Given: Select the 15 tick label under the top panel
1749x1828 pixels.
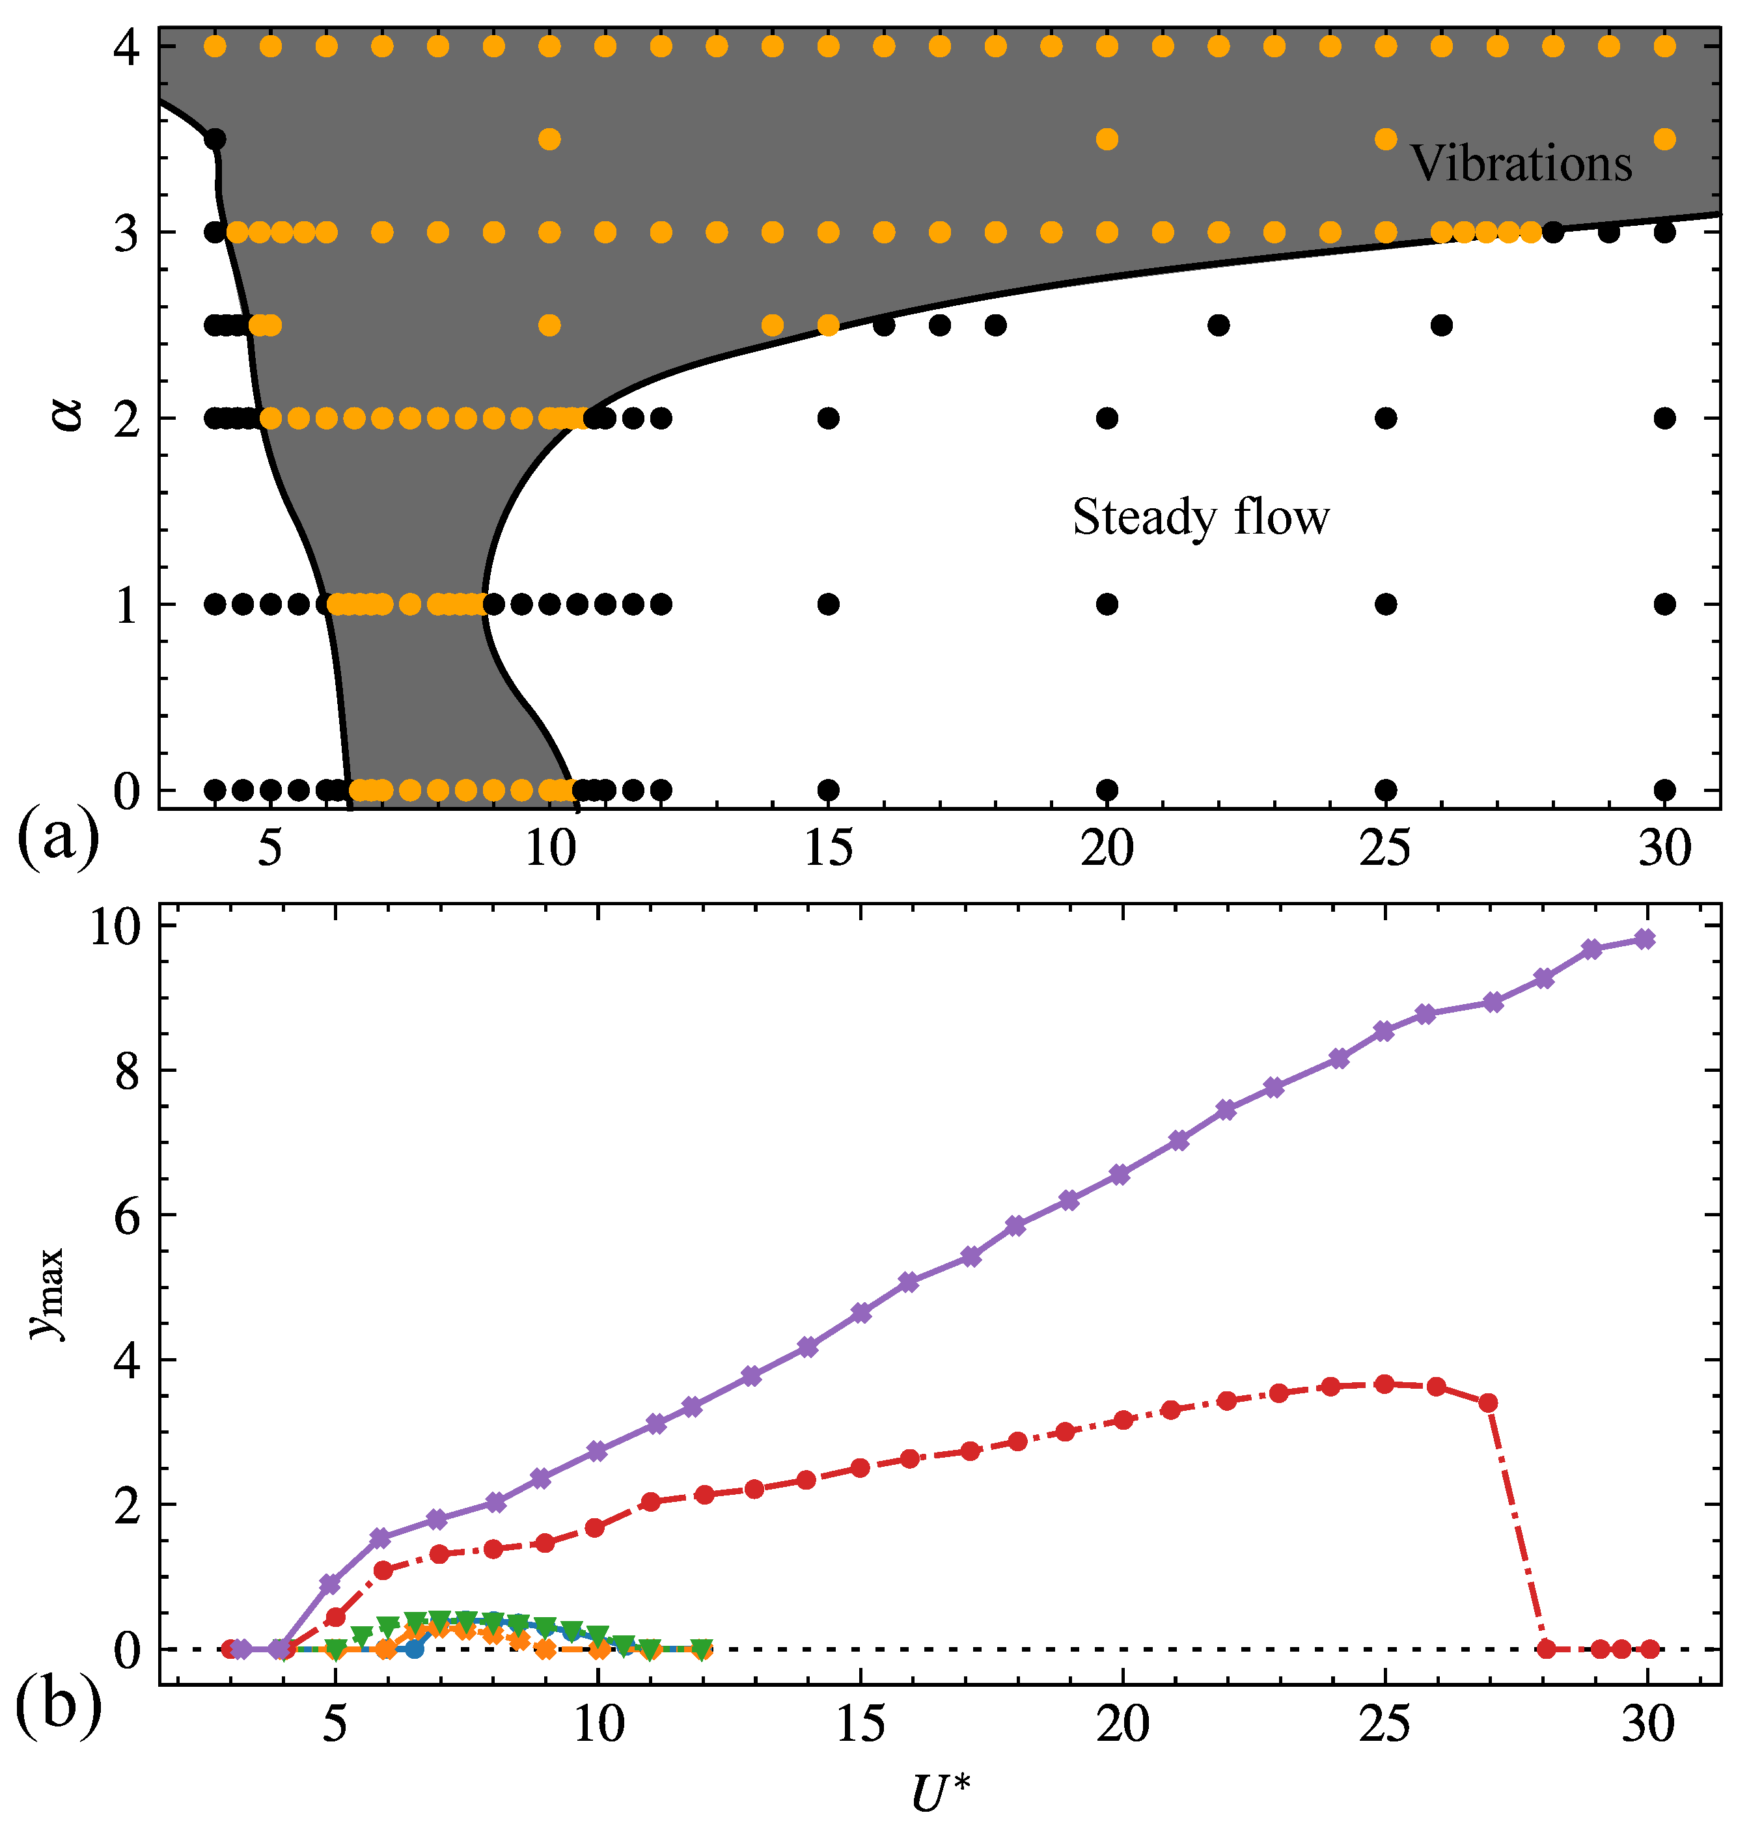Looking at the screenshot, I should click(x=828, y=849).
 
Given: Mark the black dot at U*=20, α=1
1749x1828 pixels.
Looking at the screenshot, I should click(x=1107, y=604).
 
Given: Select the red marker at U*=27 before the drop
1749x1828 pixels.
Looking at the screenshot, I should click(x=1488, y=1403).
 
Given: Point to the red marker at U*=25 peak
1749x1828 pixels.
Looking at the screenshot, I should click(x=1384, y=1384).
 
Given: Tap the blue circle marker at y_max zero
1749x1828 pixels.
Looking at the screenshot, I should click(x=415, y=1649).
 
